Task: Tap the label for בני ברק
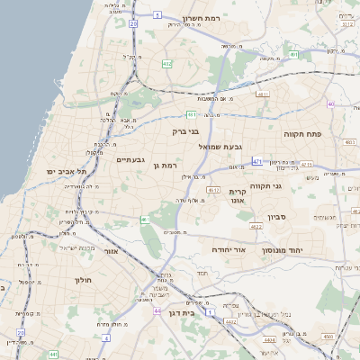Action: [184, 130]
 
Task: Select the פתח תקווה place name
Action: [309, 134]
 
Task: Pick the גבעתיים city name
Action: [131, 159]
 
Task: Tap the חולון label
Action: [83, 281]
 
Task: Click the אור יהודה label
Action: [228, 248]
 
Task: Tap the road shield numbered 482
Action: [166, 64]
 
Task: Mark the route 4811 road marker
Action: [263, 94]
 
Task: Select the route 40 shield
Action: [331, 104]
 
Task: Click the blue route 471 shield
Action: [257, 161]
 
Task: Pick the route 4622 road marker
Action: [256, 227]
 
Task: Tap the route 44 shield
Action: [157, 310]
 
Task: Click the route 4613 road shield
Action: [213, 191]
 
